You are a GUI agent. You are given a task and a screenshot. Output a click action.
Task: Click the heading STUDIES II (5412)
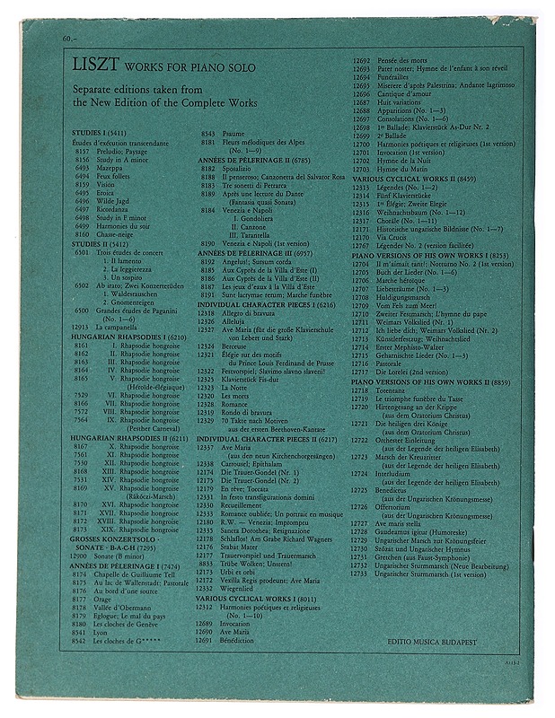pyautogui.click(x=100, y=242)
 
